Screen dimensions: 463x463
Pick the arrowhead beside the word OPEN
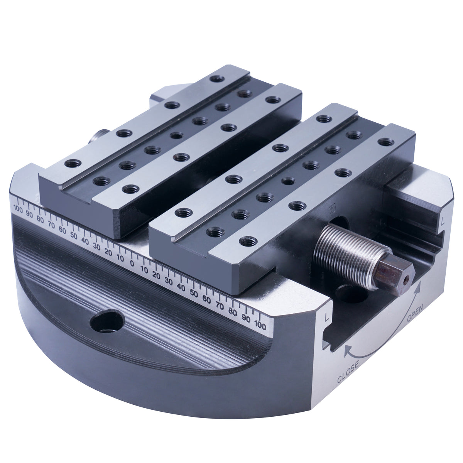[x=419, y=288]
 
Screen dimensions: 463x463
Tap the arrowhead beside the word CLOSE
[x=348, y=350]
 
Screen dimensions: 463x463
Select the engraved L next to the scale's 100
[x=327, y=318]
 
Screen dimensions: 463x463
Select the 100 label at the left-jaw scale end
[x=18, y=209]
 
